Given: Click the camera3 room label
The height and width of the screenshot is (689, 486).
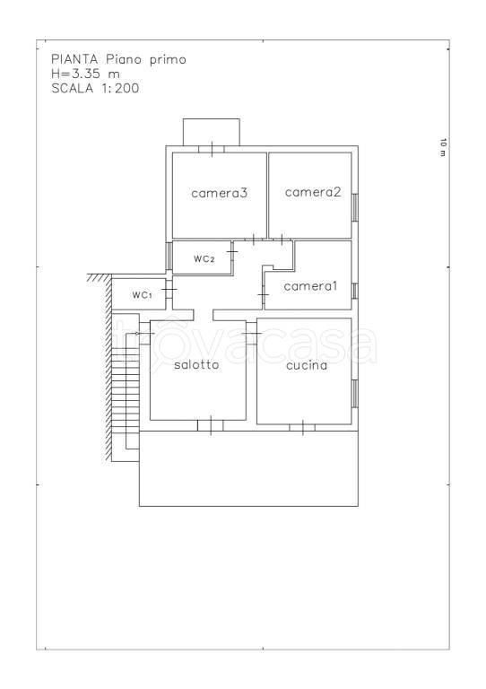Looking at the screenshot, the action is click(x=219, y=193).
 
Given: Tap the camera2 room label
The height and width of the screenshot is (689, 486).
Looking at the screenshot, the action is click(x=313, y=192).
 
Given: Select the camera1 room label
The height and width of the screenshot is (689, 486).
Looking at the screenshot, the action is click(x=310, y=286).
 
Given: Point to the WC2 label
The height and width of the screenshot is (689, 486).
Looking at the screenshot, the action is click(x=204, y=258).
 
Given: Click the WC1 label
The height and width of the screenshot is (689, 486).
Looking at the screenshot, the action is click(x=143, y=295).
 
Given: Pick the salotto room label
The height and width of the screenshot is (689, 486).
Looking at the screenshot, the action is click(x=196, y=365).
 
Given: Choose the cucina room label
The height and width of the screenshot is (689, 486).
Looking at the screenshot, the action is click(x=307, y=365).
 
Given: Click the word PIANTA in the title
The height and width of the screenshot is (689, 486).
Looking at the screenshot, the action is click(x=74, y=59).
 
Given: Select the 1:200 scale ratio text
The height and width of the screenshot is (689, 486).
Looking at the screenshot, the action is click(x=120, y=88).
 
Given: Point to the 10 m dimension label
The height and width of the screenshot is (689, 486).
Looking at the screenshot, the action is click(x=443, y=147).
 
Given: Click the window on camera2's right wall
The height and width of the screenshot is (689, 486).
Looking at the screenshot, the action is click(x=355, y=207).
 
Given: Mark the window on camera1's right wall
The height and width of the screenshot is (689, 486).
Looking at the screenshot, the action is click(x=355, y=291).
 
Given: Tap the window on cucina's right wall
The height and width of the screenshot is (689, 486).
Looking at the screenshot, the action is click(x=355, y=393).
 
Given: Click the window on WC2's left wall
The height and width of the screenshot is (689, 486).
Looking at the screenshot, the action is click(x=169, y=256).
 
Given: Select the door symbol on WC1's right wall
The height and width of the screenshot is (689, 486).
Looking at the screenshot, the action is click(x=169, y=289).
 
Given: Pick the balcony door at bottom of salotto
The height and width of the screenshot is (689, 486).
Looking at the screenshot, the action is click(x=211, y=425).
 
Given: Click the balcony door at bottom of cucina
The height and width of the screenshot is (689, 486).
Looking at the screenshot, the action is click(x=302, y=427).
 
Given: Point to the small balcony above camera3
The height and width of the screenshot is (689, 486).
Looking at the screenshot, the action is click(x=212, y=132).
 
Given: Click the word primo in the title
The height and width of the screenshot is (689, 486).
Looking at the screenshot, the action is click(x=169, y=60).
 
